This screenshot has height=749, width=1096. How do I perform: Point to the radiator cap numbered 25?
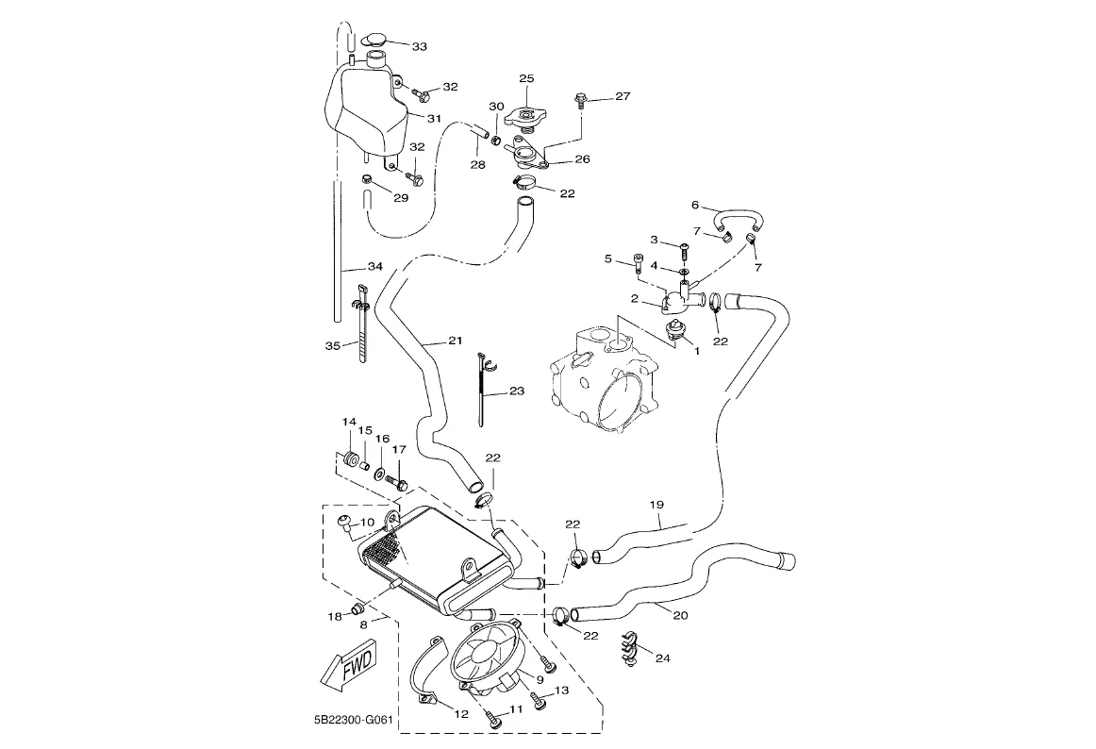pyautogui.click(x=525, y=117)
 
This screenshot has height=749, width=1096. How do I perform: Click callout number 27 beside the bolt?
pyautogui.click(x=622, y=96)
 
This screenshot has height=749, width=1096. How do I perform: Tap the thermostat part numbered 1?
pyautogui.click(x=674, y=330)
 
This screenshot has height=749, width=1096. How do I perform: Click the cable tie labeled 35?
pyautogui.click(x=362, y=325)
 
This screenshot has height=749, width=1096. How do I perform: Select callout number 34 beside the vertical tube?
pyautogui.click(x=374, y=267)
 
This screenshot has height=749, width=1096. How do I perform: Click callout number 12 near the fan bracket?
pyautogui.click(x=460, y=714)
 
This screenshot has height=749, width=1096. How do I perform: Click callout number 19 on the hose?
pyautogui.click(x=656, y=505)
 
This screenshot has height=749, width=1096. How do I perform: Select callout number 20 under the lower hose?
pyautogui.click(x=679, y=614)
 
